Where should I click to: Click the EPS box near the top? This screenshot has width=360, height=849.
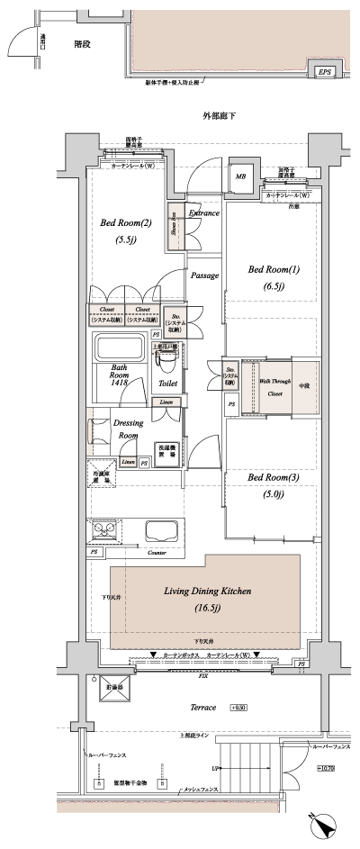coord(322,72)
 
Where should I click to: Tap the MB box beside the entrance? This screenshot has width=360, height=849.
coord(240,176)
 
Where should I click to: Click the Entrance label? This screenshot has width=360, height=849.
coord(204,213)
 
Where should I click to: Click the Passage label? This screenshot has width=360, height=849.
coord(204,275)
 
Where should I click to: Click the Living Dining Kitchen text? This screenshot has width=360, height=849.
coord(207,591)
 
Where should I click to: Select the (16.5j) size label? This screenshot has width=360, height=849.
coord(206,609)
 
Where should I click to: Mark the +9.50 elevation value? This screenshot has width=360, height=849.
coord(238,709)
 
